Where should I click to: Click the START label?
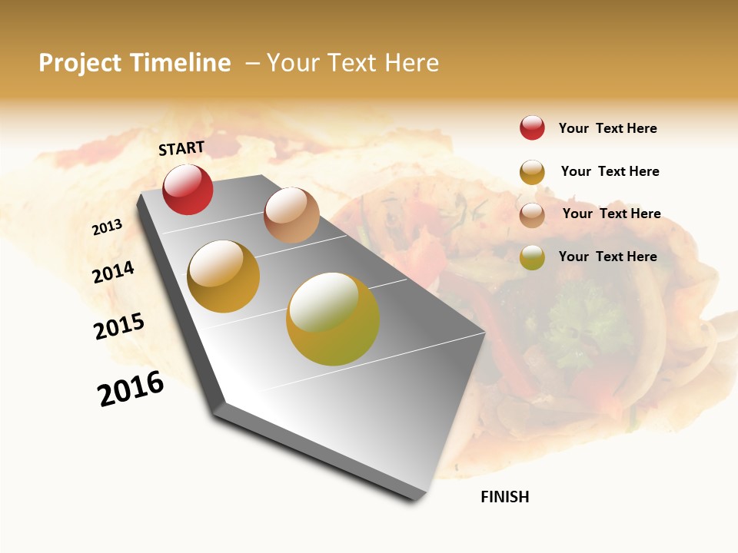click(x=181, y=148)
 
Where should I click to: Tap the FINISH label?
click(x=505, y=497)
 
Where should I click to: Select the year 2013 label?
click(x=108, y=227)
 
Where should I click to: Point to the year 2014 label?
click(x=114, y=272)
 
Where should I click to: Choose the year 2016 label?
click(x=131, y=388)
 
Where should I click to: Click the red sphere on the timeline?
click(x=188, y=189)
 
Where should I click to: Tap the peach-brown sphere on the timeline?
click(x=291, y=215)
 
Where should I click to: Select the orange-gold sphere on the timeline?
click(x=224, y=276)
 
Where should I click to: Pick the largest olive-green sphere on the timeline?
click(x=333, y=319)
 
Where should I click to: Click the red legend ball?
click(x=532, y=127)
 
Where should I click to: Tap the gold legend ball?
click(x=532, y=172)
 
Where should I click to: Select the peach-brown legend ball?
click(x=532, y=215)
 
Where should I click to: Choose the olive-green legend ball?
click(x=532, y=257)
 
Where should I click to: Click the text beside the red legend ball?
click(x=607, y=128)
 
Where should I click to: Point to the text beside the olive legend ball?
click(x=607, y=257)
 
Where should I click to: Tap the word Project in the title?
click(x=80, y=63)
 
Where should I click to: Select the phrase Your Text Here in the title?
click(x=353, y=63)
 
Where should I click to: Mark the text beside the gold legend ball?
click(x=610, y=171)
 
